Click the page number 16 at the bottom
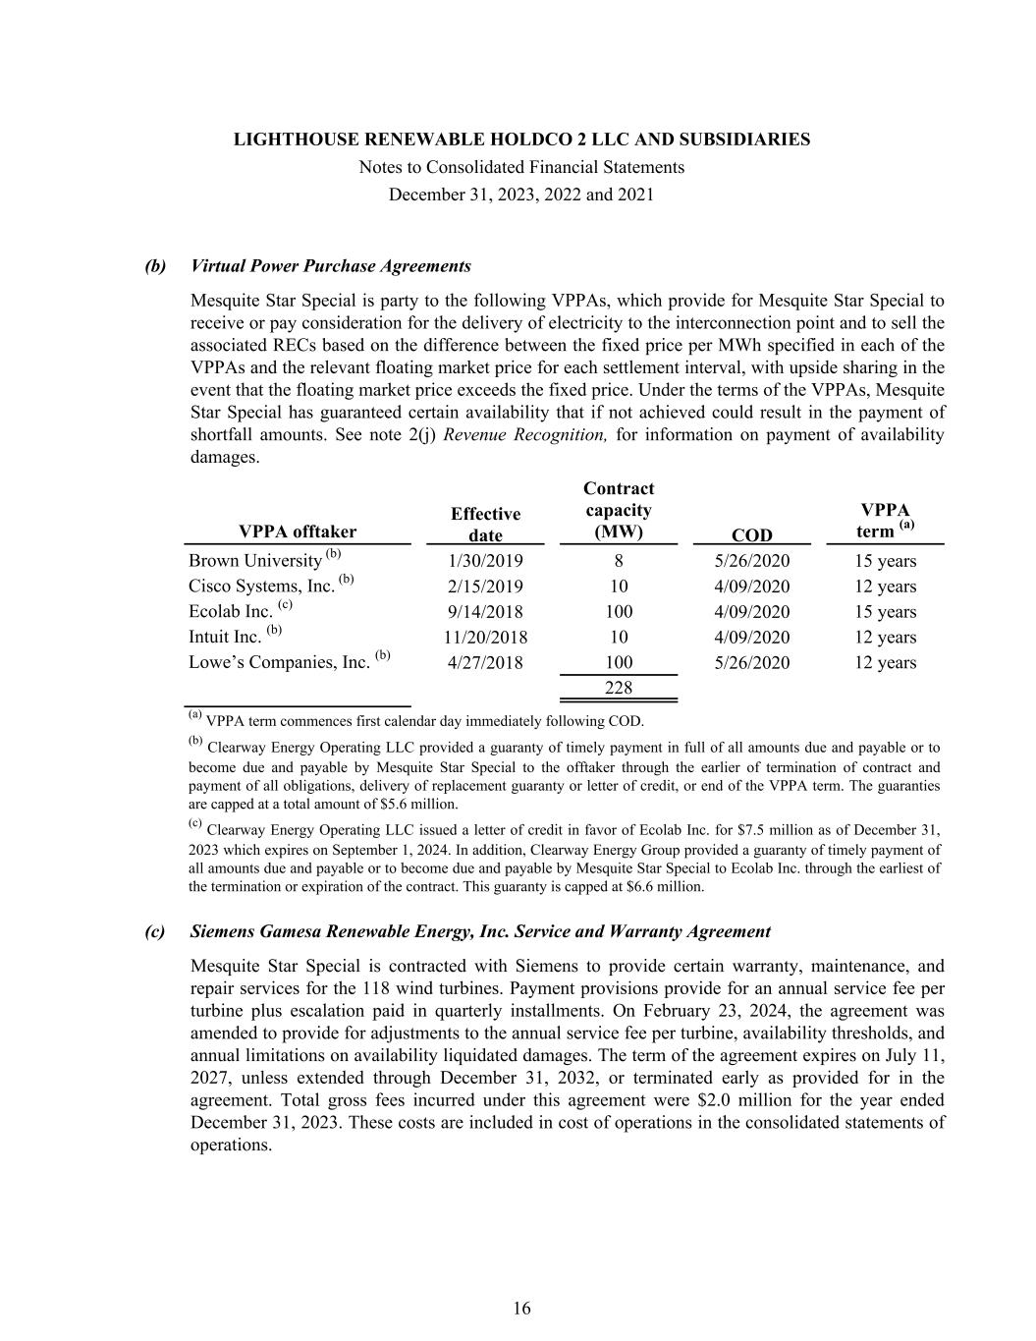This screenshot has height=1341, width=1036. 521,1308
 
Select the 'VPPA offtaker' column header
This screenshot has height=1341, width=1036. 298,531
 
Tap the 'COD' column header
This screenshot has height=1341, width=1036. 752,534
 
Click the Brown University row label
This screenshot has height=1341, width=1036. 255,561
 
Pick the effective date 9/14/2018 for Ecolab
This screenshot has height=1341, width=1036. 485,612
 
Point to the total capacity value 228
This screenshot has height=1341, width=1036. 619,688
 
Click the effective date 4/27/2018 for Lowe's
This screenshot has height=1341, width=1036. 485,663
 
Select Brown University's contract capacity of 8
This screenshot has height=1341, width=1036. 619,561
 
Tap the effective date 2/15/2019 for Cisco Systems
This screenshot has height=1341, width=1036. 485,587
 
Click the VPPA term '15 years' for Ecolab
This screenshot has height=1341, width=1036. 885,612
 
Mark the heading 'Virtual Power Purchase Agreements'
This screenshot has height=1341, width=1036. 331,266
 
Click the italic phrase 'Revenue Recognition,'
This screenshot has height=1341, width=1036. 525,434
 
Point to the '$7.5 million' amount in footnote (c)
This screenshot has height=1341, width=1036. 761,831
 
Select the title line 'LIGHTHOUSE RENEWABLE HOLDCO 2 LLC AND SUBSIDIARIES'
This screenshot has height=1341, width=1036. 521,140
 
